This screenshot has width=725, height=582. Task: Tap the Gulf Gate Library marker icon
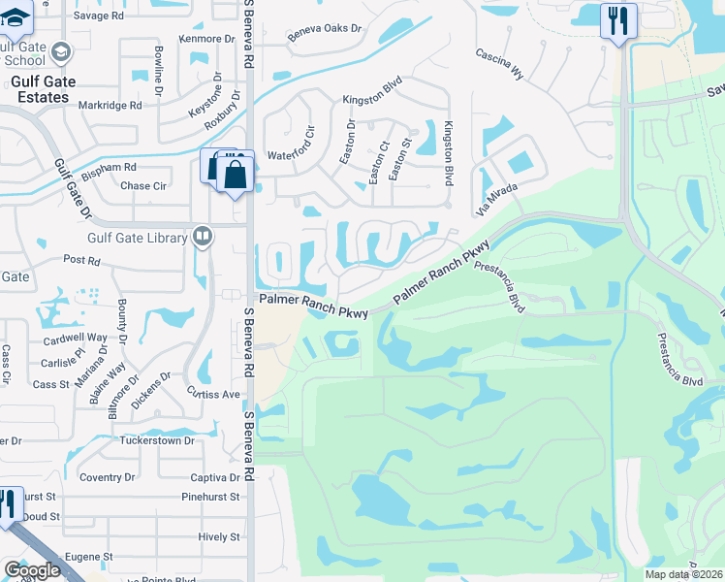[x=203, y=235]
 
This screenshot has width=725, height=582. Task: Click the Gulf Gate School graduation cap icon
[x=61, y=52]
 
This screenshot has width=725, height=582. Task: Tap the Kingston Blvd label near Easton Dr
[x=372, y=100]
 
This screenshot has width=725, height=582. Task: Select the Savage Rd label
[x=97, y=16]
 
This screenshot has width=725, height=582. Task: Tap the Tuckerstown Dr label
[x=157, y=440]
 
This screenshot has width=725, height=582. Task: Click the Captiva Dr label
[x=214, y=477]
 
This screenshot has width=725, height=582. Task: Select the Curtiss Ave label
[x=213, y=394]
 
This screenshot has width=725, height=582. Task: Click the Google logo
[x=32, y=570]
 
